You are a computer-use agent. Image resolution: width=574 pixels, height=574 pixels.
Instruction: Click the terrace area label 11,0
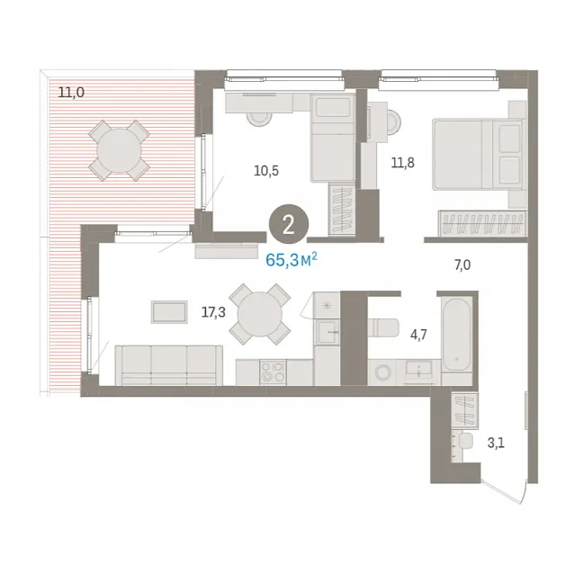[71, 93]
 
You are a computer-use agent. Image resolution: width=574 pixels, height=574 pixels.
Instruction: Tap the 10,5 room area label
[266, 171]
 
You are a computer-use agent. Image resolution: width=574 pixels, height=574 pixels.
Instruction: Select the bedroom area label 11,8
[403, 162]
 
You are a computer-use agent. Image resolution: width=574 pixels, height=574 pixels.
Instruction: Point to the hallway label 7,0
[462, 265]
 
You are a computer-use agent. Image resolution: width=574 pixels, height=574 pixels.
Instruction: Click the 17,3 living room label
[213, 312]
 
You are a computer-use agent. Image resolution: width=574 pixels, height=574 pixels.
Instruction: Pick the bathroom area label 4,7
[418, 335]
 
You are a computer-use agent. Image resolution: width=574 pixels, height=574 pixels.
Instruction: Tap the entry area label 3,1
[496, 444]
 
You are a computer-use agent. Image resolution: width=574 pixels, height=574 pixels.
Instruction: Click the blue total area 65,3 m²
[291, 260]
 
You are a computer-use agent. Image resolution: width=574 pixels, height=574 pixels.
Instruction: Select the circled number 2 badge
[289, 225]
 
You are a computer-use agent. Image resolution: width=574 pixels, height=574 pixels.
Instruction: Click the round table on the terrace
[119, 150]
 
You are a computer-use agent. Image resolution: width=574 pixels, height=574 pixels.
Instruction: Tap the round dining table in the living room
[260, 314]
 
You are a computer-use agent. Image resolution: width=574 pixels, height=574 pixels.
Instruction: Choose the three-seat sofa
[169, 365]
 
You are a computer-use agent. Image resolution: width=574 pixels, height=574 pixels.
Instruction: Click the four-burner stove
[274, 372]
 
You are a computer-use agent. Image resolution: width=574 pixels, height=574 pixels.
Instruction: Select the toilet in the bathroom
[383, 327]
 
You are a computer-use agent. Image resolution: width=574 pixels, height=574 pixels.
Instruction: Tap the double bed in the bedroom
[478, 155]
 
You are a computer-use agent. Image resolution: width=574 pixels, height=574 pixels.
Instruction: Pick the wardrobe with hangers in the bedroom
[482, 223]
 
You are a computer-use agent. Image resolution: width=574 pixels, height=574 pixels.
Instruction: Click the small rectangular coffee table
[169, 312]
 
